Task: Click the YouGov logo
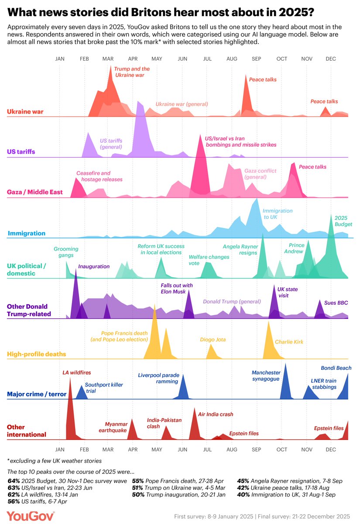click(31, 516)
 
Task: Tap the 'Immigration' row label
click(26, 233)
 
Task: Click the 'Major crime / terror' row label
click(37, 394)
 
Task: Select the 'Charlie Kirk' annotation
click(289, 342)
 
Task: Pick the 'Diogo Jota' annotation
click(212, 339)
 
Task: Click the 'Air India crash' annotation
click(216, 414)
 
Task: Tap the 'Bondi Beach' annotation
click(336, 368)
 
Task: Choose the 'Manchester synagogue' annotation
click(266, 376)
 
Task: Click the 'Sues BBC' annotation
click(336, 302)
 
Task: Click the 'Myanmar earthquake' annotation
click(116, 427)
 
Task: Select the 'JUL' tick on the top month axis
click(207, 59)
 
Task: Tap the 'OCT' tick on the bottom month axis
click(282, 449)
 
